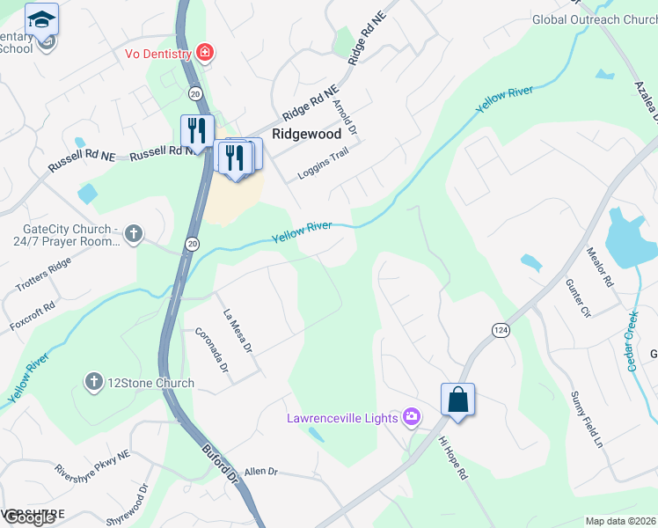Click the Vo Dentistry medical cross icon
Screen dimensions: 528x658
click(205, 54)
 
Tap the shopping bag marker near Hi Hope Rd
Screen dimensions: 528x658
click(457, 400)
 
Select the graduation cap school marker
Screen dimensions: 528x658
click(42, 18)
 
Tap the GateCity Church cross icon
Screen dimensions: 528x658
click(134, 234)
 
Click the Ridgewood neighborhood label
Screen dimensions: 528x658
click(306, 135)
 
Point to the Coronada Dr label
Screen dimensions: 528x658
click(212, 349)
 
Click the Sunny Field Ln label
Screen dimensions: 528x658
click(588, 420)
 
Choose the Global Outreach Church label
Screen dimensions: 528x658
click(595, 19)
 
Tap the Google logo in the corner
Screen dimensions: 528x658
click(28, 517)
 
